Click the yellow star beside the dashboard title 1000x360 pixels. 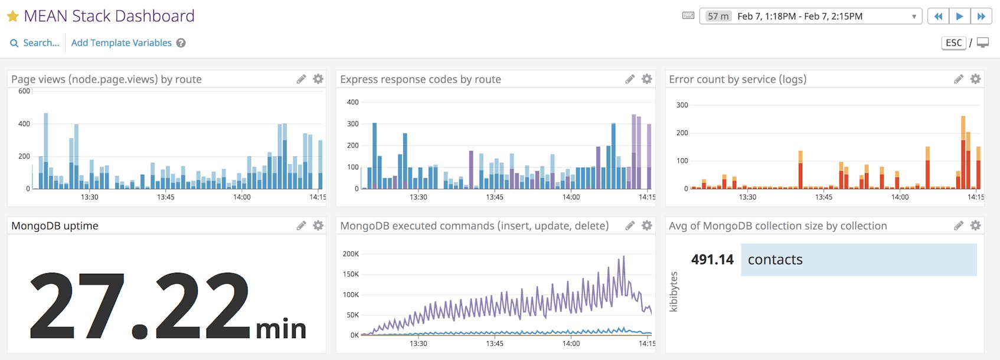pyautogui.click(x=12, y=17)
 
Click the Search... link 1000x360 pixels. pyautogui.click(x=35, y=43)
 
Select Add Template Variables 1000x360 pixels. pyautogui.click(x=121, y=43)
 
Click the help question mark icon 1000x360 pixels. pyautogui.click(x=181, y=43)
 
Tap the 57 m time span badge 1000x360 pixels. pyautogui.click(x=718, y=17)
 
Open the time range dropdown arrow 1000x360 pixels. pyautogui.click(x=914, y=17)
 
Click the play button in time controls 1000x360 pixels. pyautogui.click(x=959, y=17)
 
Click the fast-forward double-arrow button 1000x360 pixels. pyautogui.click(x=981, y=17)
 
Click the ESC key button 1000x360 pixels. pyautogui.click(x=953, y=43)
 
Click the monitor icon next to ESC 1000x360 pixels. pyautogui.click(x=983, y=43)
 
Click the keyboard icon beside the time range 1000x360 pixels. pyautogui.click(x=688, y=16)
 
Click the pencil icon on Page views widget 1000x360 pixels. pyautogui.click(x=301, y=79)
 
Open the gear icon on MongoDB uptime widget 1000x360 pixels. pyautogui.click(x=318, y=225)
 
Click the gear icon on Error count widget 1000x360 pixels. pyautogui.click(x=976, y=79)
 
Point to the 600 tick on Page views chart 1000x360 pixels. pyautogui.click(x=24, y=91)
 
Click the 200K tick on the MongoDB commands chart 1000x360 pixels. pyautogui.click(x=351, y=254)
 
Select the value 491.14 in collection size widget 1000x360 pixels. pyautogui.click(x=712, y=260)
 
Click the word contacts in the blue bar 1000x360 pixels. pyautogui.click(x=775, y=260)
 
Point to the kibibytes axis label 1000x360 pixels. pyautogui.click(x=674, y=292)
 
